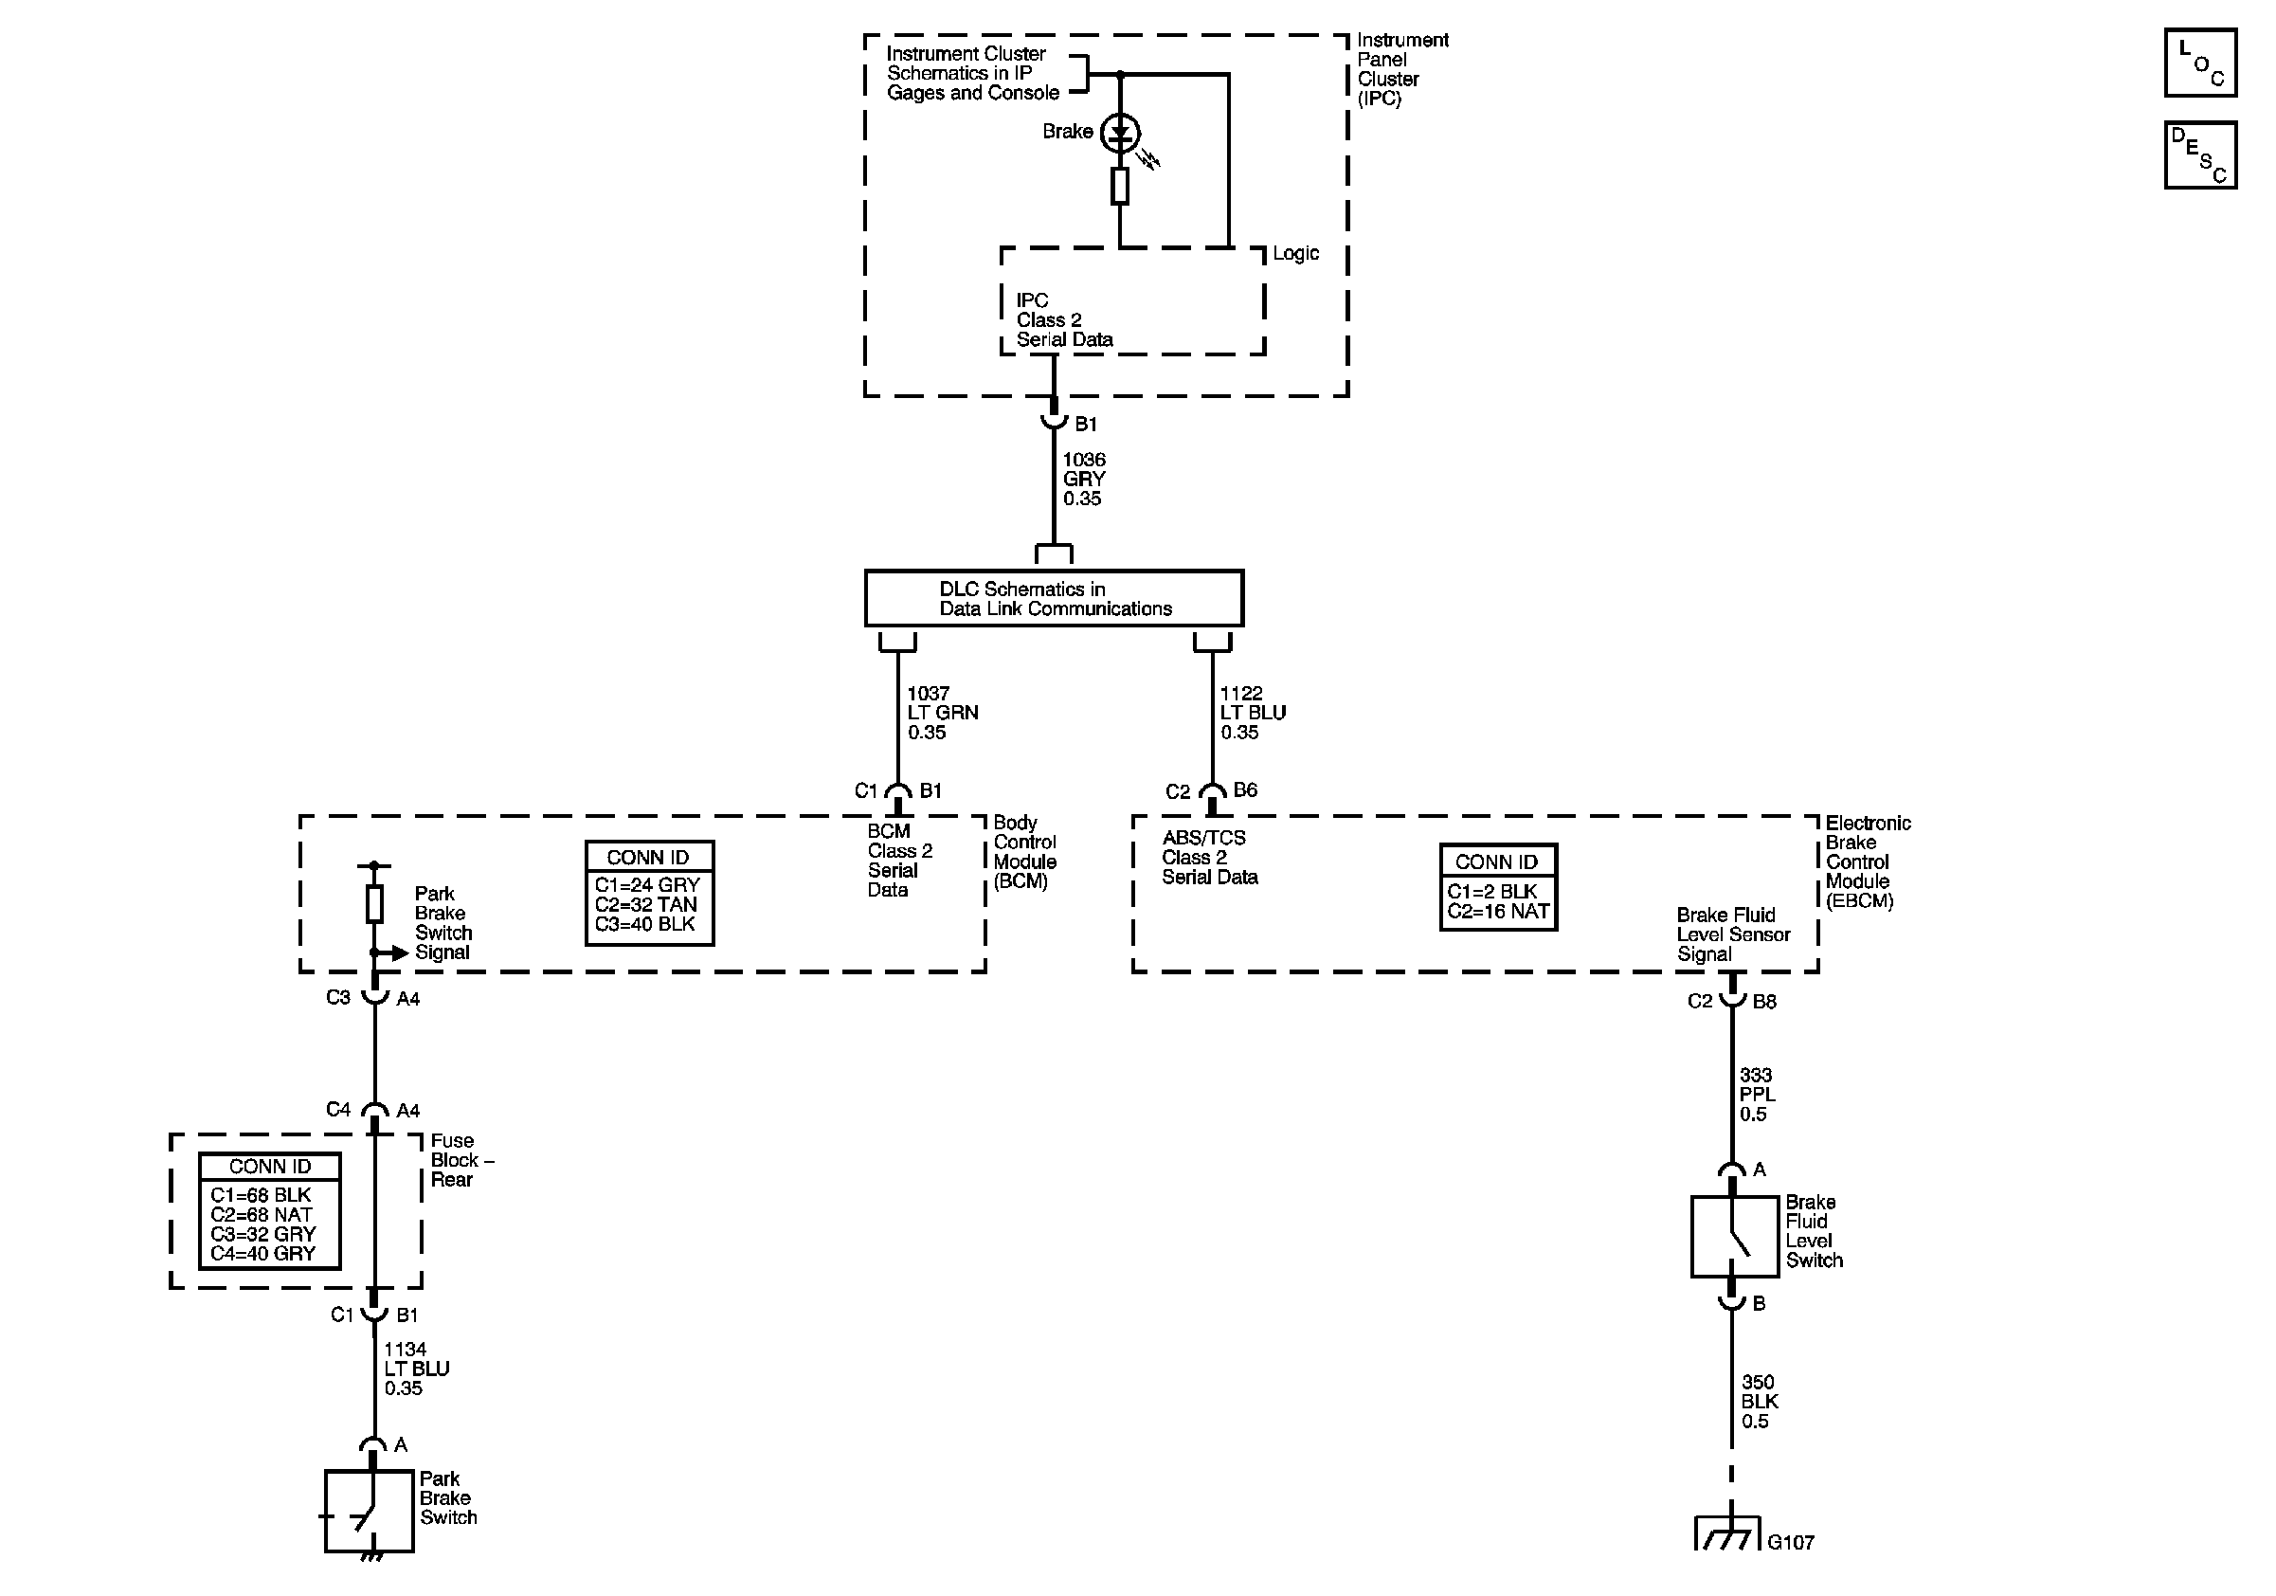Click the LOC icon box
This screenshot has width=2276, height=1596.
tap(2199, 63)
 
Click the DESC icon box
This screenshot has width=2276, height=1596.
tap(2199, 154)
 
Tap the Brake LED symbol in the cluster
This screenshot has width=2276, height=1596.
tap(1120, 133)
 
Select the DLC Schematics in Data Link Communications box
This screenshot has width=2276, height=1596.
tap(1054, 599)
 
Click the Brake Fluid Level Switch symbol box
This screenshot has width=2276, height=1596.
tap(1734, 1236)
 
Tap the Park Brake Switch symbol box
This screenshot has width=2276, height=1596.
tap(369, 1511)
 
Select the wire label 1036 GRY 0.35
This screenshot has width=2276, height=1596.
tap(1083, 479)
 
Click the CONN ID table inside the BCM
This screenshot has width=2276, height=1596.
tap(649, 893)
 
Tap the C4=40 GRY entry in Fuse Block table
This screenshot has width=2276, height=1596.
tap(262, 1253)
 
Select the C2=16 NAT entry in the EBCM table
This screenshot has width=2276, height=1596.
tap(1498, 912)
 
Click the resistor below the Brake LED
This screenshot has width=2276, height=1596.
tap(1120, 186)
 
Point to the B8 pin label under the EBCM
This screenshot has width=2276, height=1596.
tap(1764, 1001)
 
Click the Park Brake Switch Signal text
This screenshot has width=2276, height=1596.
tap(443, 923)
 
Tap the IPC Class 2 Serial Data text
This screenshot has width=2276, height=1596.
tap(1064, 320)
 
